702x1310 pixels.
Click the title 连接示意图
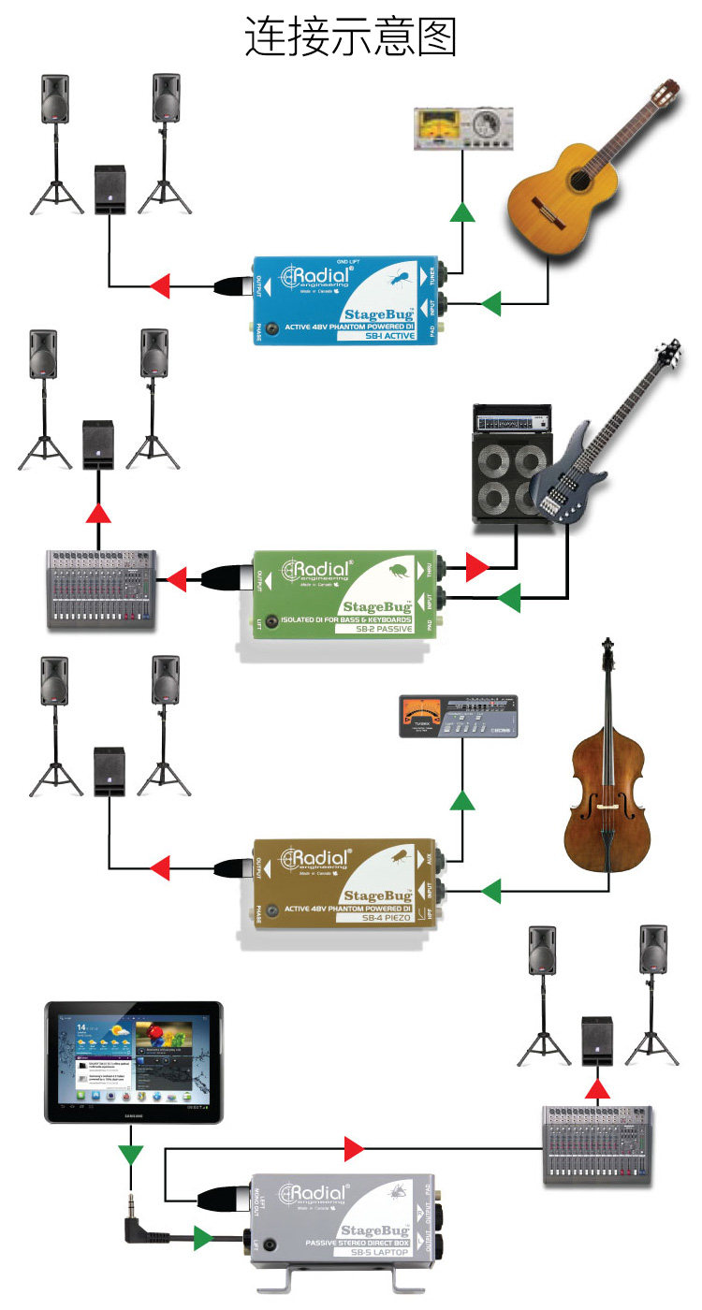coord(351,37)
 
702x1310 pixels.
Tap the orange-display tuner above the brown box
coord(458,718)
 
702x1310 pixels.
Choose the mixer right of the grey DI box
coord(597,1145)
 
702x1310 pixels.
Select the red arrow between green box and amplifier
coord(477,566)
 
